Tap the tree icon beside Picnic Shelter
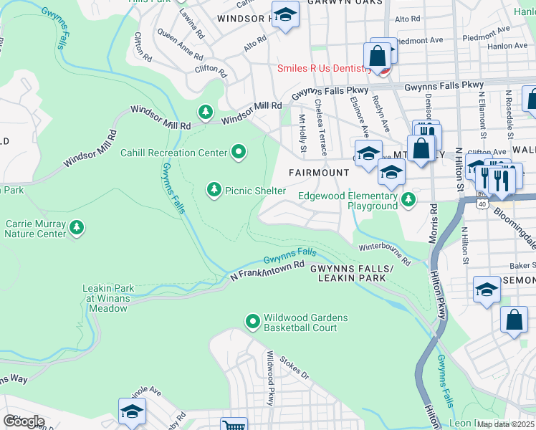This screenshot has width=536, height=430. pos(214,190)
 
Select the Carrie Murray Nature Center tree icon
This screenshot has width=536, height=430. pos(77,228)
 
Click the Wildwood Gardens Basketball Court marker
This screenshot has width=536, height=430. pos(252,322)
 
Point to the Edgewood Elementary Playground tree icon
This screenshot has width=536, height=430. pos(408,200)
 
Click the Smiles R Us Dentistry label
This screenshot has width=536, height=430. pos(325,69)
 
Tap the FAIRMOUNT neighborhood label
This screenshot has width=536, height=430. pos(318,173)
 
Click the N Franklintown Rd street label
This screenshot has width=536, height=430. pos(264,271)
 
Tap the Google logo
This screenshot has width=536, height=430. pos(24,421)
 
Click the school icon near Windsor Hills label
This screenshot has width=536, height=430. pos(285,16)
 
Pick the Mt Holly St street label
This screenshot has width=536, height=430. pos(302,133)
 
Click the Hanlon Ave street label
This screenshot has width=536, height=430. pos(507,46)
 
